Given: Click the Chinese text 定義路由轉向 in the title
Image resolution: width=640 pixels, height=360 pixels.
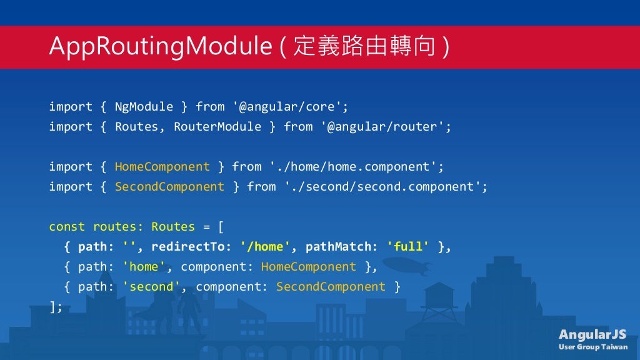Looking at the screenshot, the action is click(364, 47).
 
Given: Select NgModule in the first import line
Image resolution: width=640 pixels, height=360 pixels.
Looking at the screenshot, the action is click(144, 106).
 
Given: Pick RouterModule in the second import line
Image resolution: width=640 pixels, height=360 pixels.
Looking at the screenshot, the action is click(217, 126).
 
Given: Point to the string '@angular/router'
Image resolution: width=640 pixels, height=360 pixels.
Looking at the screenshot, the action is click(386, 126).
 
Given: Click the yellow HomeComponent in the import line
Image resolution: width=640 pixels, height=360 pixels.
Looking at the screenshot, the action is click(162, 166).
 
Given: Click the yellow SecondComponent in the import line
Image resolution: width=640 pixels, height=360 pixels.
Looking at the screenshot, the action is click(169, 186).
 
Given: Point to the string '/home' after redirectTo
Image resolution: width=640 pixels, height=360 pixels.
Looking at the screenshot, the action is click(265, 246).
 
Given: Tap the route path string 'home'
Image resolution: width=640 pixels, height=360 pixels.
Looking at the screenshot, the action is click(144, 266).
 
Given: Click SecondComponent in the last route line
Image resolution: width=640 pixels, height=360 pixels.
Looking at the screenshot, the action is click(331, 286).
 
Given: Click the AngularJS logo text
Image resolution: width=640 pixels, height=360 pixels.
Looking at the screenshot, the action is click(592, 334).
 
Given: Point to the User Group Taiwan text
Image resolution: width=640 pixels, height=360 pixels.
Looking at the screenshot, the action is click(593, 347).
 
